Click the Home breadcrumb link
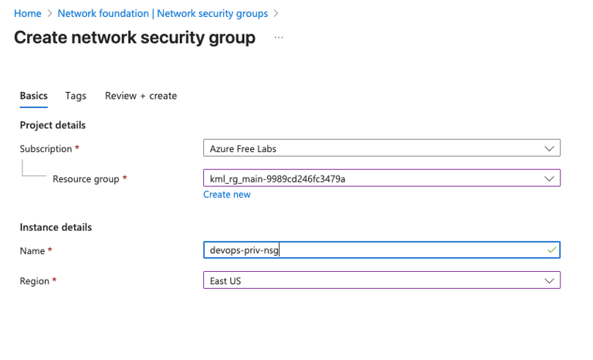pos(27,14)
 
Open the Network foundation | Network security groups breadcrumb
pos(162,14)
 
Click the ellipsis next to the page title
pos(279,38)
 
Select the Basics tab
pos(34,96)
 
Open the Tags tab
pos(76,96)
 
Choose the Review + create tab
pos(141,96)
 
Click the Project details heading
pos(53,125)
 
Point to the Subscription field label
pos(46,148)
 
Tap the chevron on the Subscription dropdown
pos(549,148)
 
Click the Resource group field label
pos(85,179)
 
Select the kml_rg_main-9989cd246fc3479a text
pos(277,179)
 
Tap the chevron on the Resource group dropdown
pos(549,179)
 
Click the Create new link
pos(227,195)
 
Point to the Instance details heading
pos(56,227)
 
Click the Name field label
pos(33,251)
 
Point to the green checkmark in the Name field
pos(551,251)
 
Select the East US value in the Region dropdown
pos(225,281)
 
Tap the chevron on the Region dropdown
pos(549,281)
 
